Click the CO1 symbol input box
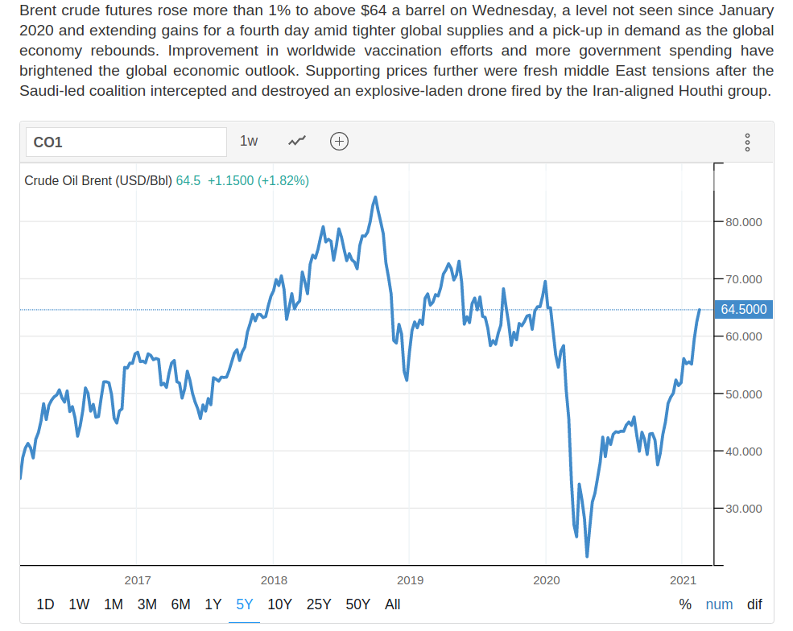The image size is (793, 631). point(126,142)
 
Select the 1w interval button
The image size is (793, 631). point(249,141)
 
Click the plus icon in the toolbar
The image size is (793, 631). point(340,141)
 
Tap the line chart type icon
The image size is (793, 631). point(297,141)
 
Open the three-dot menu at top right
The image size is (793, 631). point(748,142)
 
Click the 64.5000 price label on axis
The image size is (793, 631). point(743,309)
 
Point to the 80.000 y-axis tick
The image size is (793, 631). point(743,222)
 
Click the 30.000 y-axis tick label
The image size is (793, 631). point(743,509)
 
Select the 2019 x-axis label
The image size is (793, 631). point(410,579)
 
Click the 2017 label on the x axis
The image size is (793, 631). point(138,579)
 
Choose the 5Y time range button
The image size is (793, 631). point(245,604)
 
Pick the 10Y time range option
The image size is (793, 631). point(279,604)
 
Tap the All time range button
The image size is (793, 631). point(392,604)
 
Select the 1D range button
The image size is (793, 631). point(46,604)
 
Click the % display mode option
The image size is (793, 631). point(685,604)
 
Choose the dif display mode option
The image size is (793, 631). point(754,604)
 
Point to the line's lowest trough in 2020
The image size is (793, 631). point(587,555)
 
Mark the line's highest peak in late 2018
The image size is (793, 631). point(375,197)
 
